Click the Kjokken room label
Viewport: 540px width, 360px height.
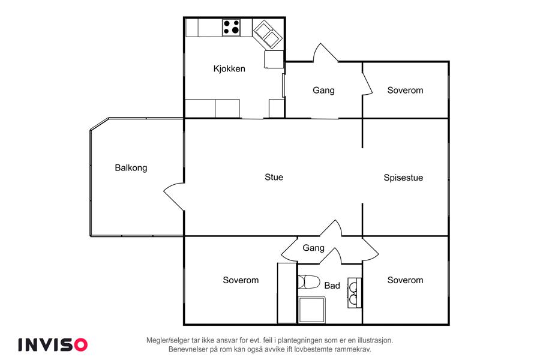click(x=229, y=68)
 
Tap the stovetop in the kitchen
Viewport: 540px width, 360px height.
click(x=232, y=27)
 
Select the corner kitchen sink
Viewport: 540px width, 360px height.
click(x=266, y=34)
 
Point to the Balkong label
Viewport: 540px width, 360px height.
click(x=131, y=168)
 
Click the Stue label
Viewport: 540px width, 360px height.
click(x=274, y=177)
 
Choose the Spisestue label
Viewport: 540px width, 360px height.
click(x=403, y=178)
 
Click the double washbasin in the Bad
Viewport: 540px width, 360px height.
click(x=355, y=292)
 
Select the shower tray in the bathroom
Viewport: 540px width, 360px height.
click(x=311, y=310)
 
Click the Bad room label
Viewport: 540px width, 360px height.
click(x=332, y=286)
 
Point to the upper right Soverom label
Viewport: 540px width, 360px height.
click(x=405, y=90)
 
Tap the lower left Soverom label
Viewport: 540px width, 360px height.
click(x=241, y=280)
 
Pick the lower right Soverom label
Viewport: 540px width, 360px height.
click(x=405, y=280)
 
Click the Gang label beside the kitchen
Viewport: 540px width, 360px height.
click(x=323, y=90)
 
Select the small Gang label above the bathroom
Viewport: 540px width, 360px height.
click(x=313, y=248)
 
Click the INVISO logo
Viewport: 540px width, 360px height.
click(x=53, y=344)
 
